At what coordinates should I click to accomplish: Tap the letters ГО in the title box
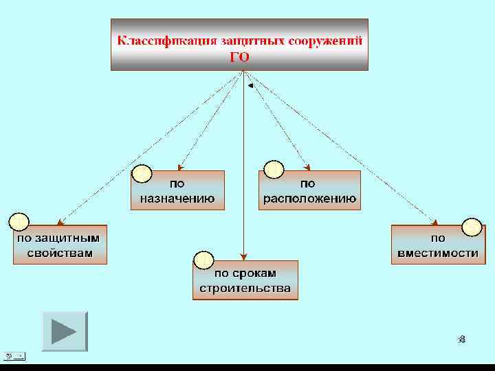239,57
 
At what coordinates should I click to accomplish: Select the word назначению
177,199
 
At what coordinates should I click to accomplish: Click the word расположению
309,199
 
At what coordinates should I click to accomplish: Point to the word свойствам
60,252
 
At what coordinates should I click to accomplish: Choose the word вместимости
438,252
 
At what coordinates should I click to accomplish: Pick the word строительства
245,288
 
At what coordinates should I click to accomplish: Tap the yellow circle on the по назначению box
142,174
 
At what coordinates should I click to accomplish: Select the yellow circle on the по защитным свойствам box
19,222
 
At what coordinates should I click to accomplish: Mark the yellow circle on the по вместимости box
472,226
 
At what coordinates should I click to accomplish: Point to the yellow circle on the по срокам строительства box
203,260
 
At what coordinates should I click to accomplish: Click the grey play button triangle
64,331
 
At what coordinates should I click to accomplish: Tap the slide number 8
462,339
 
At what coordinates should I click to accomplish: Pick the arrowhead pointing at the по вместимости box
434,221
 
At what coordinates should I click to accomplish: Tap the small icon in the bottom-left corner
14,356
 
